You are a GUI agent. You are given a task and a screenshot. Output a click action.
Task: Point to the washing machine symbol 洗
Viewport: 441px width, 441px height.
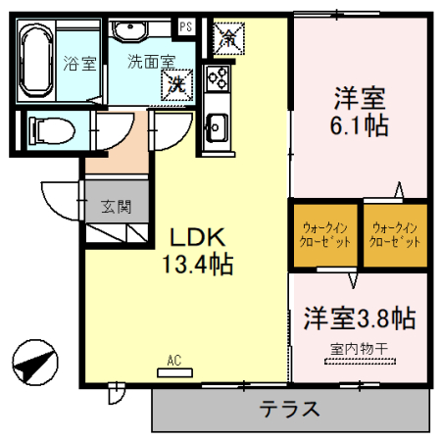point(177,83)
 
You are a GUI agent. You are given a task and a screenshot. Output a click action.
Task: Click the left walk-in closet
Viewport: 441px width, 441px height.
point(323,235)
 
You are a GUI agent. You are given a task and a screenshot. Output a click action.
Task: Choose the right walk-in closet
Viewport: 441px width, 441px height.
point(396,235)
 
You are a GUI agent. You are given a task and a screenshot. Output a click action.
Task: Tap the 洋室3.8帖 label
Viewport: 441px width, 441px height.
point(359,318)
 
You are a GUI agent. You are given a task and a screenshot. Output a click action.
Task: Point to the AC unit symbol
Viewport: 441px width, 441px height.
point(174,370)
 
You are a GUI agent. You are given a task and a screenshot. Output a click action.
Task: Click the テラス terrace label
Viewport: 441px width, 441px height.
point(290,410)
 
